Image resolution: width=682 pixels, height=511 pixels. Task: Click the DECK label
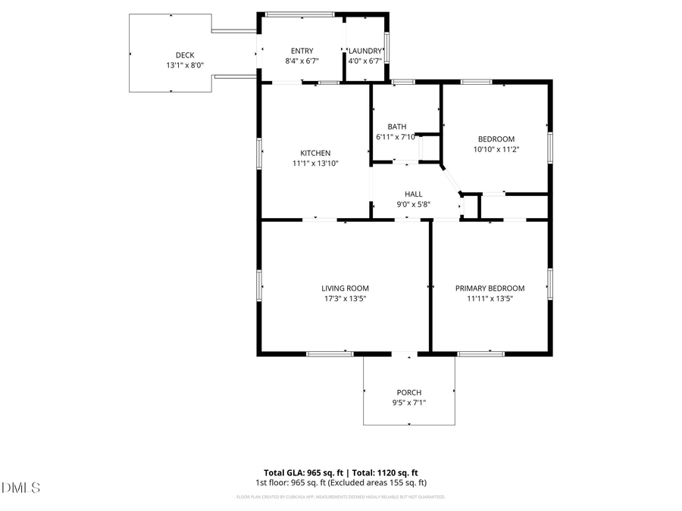click(185, 55)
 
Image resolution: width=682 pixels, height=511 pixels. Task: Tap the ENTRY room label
click(302, 51)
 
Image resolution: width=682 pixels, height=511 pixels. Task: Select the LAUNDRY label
click(365, 51)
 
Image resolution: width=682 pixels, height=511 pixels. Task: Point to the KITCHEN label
click(315, 153)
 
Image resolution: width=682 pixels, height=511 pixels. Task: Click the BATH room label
click(397, 126)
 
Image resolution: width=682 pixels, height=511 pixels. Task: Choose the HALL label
click(413, 194)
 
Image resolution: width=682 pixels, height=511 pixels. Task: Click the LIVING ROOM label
click(345, 288)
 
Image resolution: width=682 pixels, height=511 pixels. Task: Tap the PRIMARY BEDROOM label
click(490, 288)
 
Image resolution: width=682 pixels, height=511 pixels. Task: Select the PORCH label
click(409, 392)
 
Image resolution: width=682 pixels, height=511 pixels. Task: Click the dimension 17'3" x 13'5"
click(345, 298)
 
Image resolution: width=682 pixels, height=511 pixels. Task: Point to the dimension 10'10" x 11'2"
click(496, 149)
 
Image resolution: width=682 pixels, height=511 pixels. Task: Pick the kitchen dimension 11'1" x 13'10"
click(315, 163)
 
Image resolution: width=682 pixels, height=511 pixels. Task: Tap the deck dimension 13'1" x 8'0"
click(185, 65)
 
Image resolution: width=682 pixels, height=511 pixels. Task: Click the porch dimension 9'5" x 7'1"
click(409, 403)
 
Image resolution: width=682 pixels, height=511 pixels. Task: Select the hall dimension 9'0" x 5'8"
click(413, 204)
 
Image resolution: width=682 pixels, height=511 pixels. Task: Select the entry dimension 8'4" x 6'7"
click(302, 61)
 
